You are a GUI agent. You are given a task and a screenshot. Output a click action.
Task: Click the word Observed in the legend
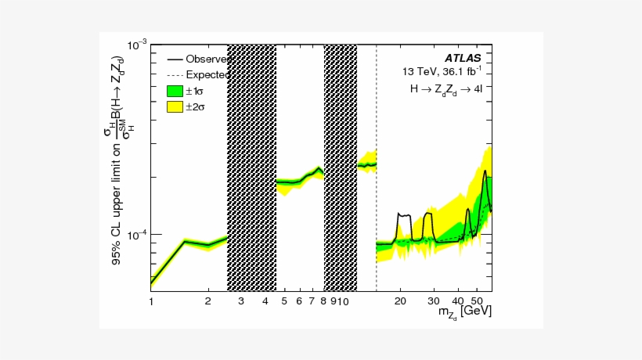(207, 59)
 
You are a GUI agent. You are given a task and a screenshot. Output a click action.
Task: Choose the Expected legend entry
(207, 75)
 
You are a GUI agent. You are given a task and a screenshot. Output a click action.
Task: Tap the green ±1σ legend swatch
(174, 91)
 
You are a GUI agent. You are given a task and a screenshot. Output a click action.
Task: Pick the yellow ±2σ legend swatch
(174, 107)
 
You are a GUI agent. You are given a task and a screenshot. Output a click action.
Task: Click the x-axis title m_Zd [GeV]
(464, 313)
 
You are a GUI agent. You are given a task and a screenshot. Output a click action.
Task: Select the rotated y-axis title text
(117, 160)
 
